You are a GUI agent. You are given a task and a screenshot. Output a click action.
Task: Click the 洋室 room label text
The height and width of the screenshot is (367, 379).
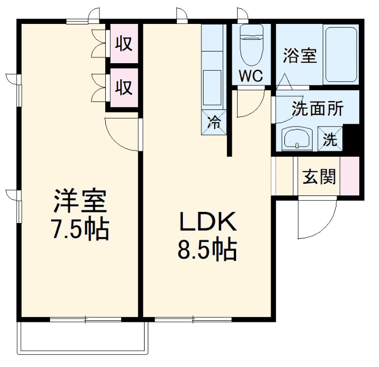pyautogui.click(x=80, y=201)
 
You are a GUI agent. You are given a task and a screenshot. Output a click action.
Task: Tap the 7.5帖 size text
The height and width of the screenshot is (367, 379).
pyautogui.click(x=80, y=229)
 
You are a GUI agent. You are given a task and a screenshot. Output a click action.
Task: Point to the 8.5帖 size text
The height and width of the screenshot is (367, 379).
pyautogui.click(x=207, y=250)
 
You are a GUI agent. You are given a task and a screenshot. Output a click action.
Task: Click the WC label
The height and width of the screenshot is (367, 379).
pyautogui.click(x=250, y=76)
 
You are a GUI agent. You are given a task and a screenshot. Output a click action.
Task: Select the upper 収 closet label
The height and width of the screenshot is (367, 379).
pyautogui.click(x=124, y=44)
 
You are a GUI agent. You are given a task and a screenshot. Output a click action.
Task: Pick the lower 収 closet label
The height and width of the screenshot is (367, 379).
pyautogui.click(x=124, y=87)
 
